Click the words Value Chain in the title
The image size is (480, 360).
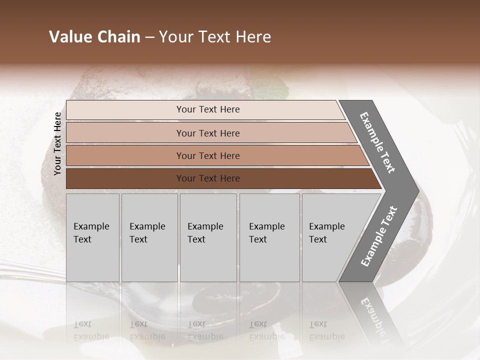coord(94,37)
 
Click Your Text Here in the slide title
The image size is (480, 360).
coord(215,37)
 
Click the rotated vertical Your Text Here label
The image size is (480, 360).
coord(57,144)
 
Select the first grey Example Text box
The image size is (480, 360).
coord(92,237)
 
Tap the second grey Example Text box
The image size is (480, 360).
coord(149,237)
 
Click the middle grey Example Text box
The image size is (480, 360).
coord(208,237)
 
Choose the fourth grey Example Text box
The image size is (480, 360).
coord(269,237)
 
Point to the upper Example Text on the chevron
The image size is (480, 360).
coord(377,142)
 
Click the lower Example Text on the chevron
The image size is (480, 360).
coord(379,236)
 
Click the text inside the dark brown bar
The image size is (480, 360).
coord(208,178)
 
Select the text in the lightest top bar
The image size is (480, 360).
coord(208,109)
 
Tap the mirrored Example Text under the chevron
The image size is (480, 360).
coord(372,320)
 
